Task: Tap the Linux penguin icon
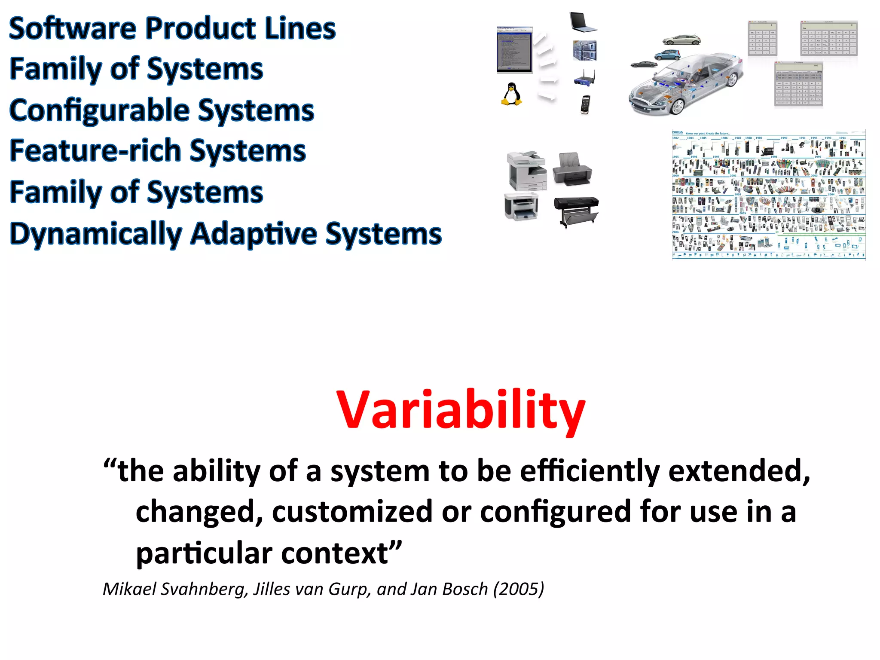[x=511, y=94]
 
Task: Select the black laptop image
[x=583, y=22]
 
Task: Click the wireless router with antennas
[x=585, y=78]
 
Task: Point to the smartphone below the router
[x=585, y=104]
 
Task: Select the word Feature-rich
[x=95, y=151]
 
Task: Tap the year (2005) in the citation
[x=518, y=589]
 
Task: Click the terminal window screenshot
[x=514, y=49]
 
